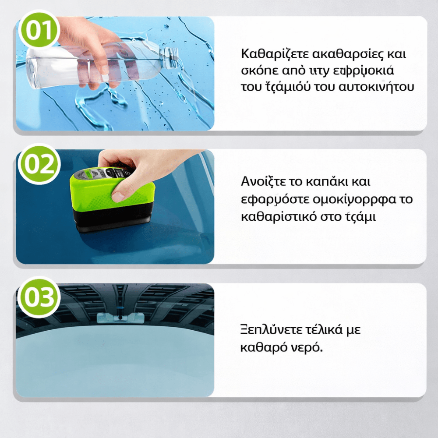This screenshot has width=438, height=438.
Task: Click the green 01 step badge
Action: click(x=38, y=30)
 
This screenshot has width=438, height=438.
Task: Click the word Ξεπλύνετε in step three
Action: click(x=265, y=330)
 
